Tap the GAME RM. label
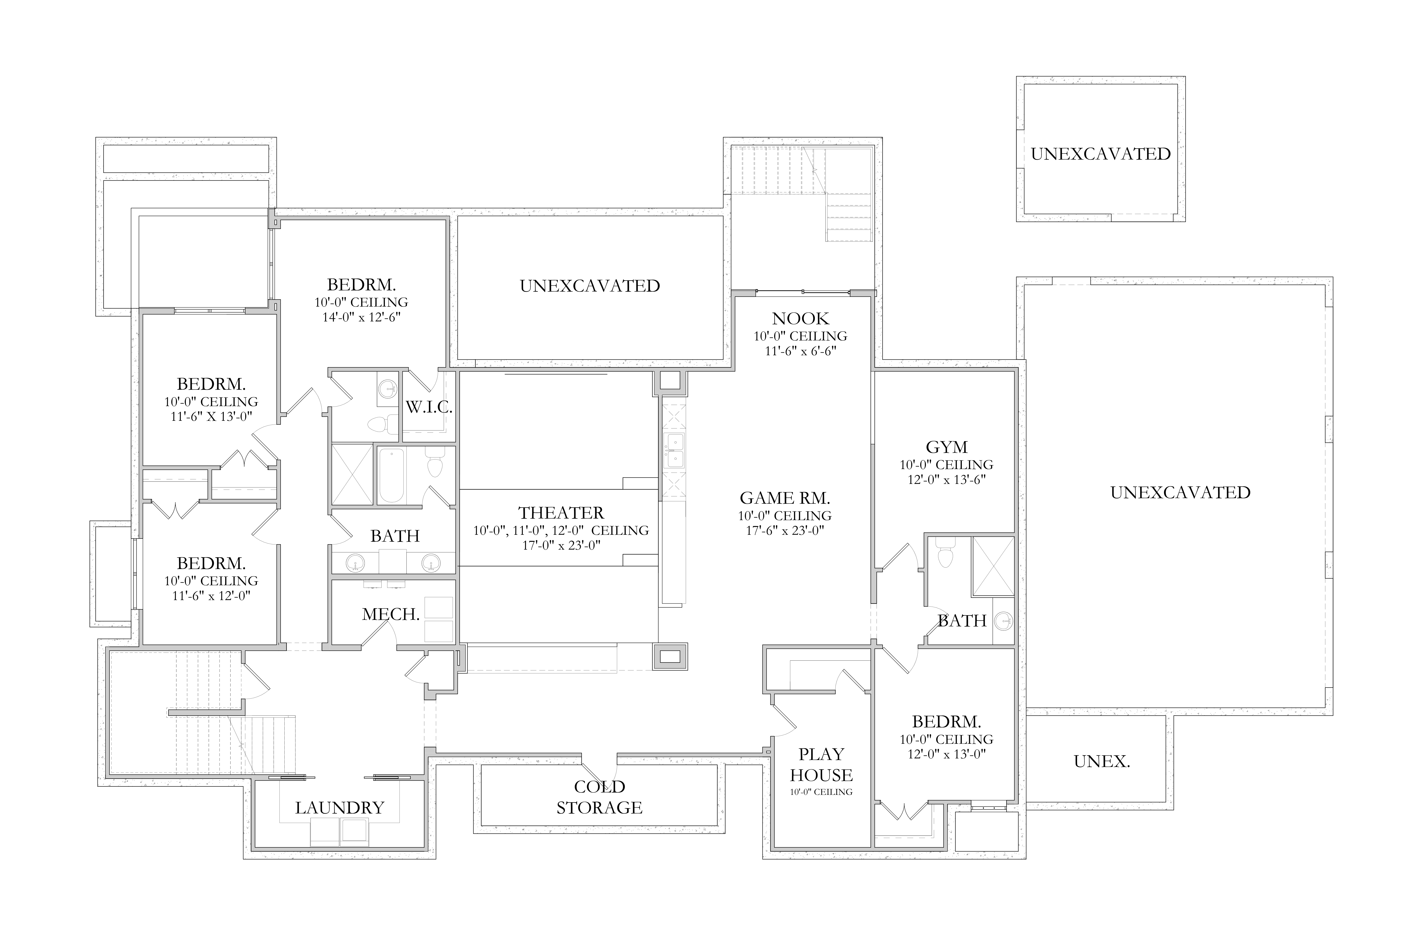(785, 498)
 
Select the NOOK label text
(800, 319)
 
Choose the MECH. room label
(391, 614)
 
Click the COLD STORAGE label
(599, 797)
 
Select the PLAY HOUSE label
(821, 765)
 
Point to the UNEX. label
(1101, 762)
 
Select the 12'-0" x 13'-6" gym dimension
(946, 480)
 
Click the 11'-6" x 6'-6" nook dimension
(800, 351)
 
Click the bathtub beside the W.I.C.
(391, 476)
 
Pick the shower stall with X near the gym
(992, 566)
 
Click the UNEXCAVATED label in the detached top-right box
(1100, 154)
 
